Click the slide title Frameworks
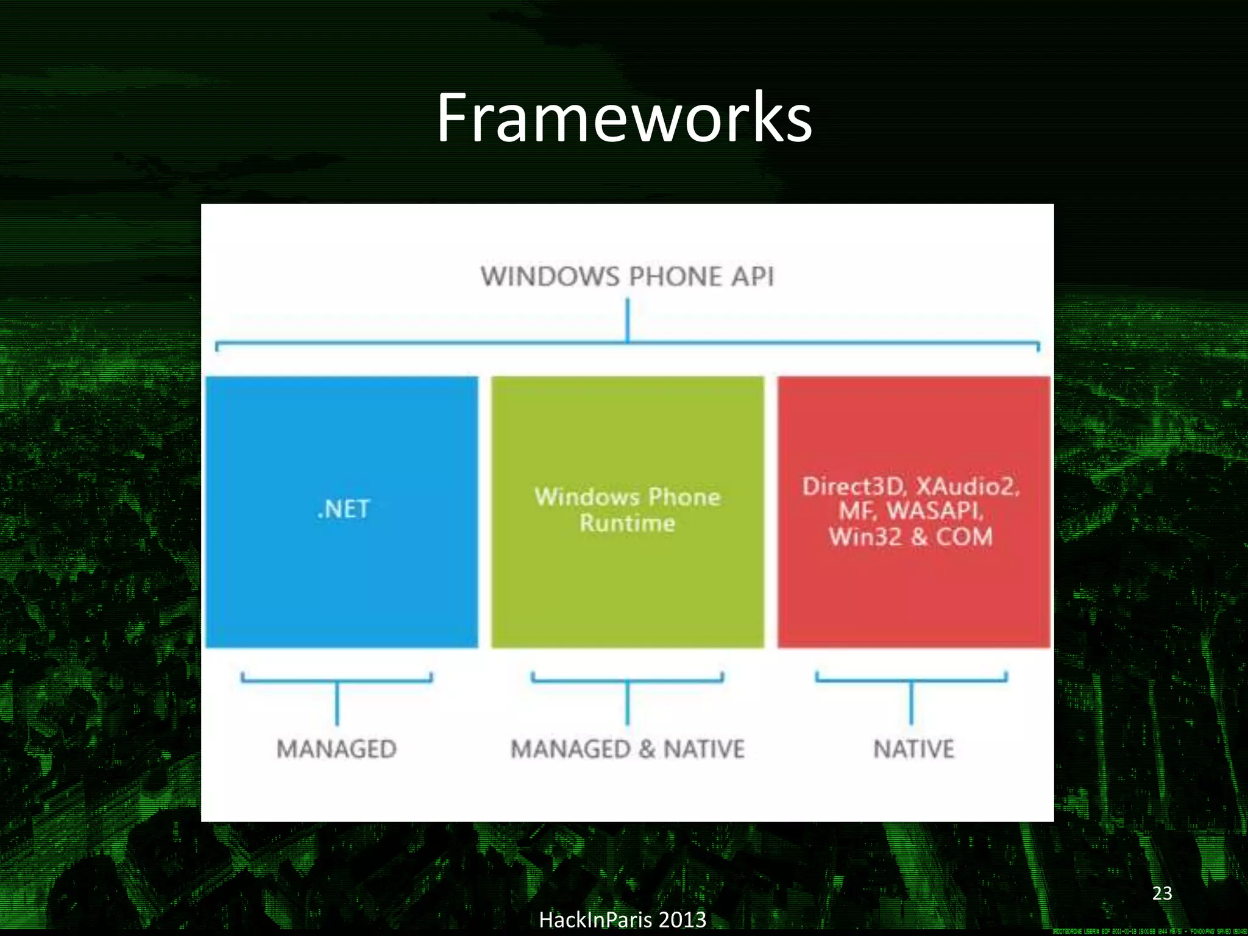624,118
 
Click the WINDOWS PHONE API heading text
627,277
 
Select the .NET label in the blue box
343,509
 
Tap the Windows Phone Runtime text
627,509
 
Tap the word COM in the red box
964,537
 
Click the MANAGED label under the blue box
336,749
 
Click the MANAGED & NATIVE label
627,749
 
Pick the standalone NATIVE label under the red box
913,749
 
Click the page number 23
1162,893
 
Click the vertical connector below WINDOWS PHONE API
628,319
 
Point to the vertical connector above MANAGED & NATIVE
628,702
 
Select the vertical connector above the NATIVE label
912,702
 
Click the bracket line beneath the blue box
336,680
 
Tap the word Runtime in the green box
627,523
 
